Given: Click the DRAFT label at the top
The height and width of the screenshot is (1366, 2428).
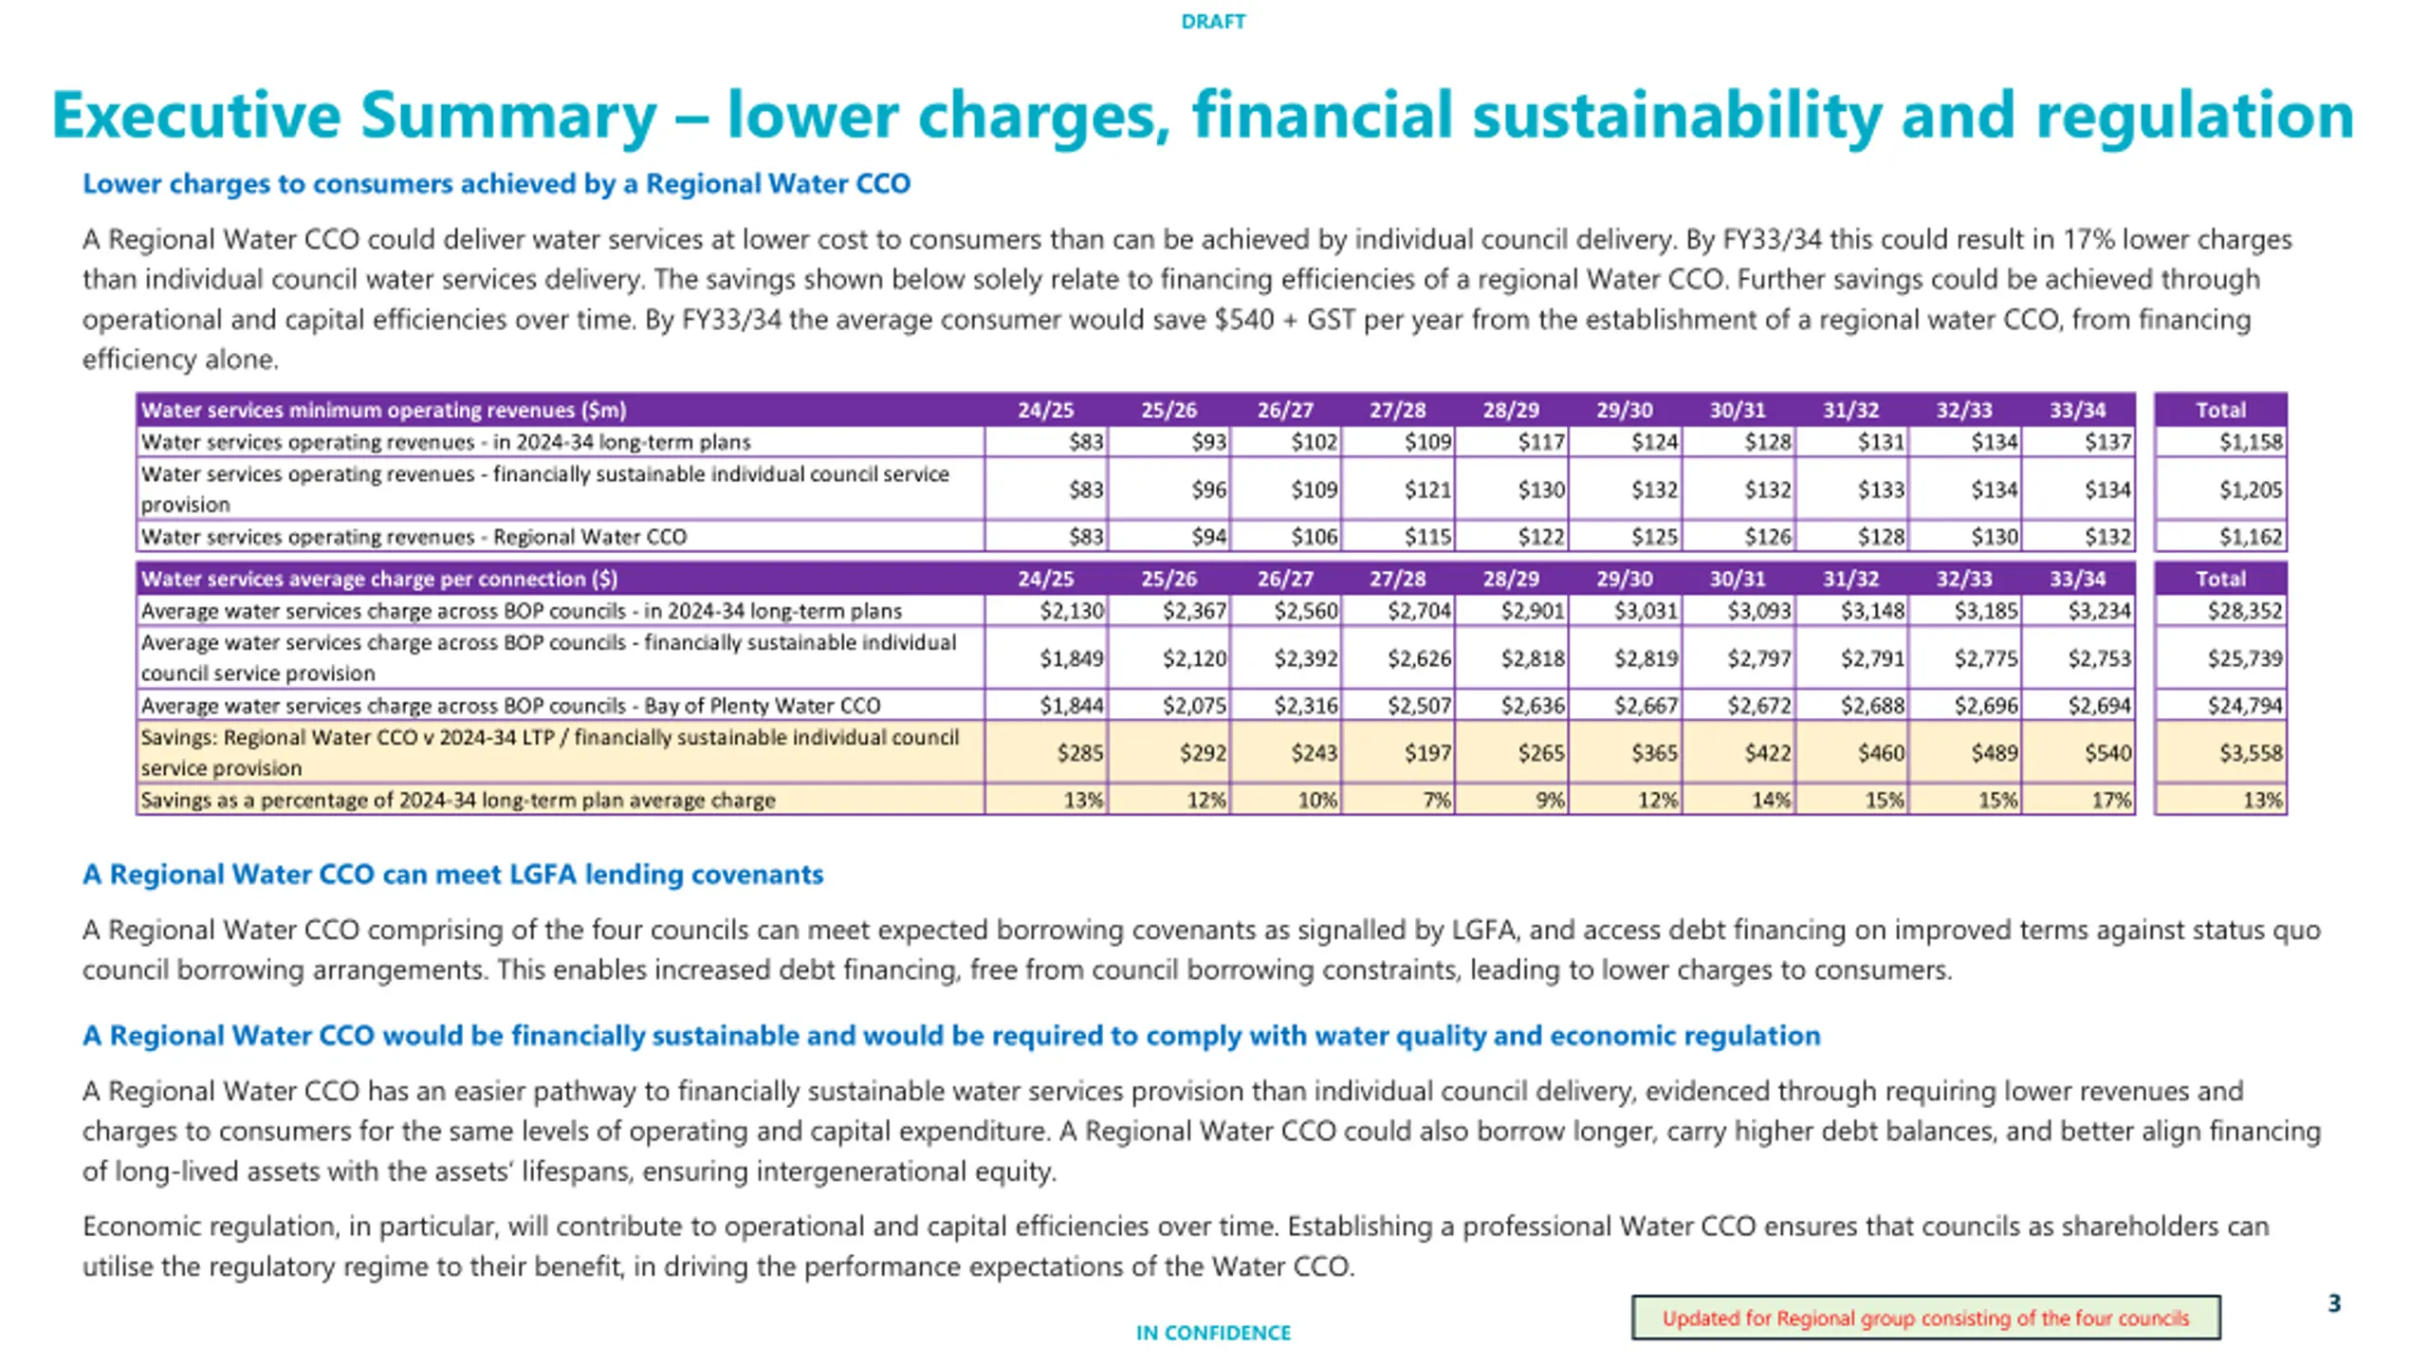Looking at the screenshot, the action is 1213,21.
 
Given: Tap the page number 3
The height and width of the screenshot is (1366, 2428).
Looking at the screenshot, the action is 2334,1303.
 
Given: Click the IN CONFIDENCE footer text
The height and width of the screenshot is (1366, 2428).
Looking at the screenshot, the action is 1213,1333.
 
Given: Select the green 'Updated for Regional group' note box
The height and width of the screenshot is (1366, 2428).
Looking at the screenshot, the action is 1925,1318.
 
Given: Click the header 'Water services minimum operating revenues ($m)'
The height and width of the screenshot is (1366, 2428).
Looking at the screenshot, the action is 384,410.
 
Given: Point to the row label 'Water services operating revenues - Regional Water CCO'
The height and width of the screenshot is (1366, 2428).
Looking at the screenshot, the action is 414,537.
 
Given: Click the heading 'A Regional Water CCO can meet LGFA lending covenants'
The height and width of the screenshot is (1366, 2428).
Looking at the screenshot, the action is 452,874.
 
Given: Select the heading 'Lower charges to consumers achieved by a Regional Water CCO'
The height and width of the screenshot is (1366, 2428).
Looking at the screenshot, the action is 496,183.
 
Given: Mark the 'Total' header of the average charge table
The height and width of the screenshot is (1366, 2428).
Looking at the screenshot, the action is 2220,579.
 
